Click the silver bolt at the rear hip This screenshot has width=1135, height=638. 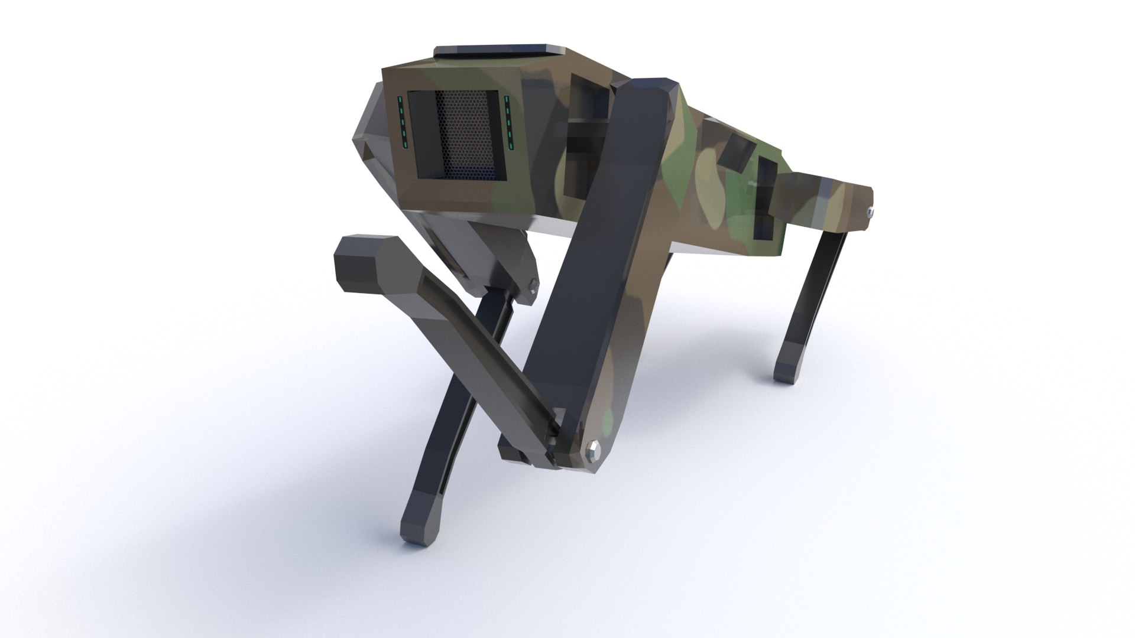[870, 210]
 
